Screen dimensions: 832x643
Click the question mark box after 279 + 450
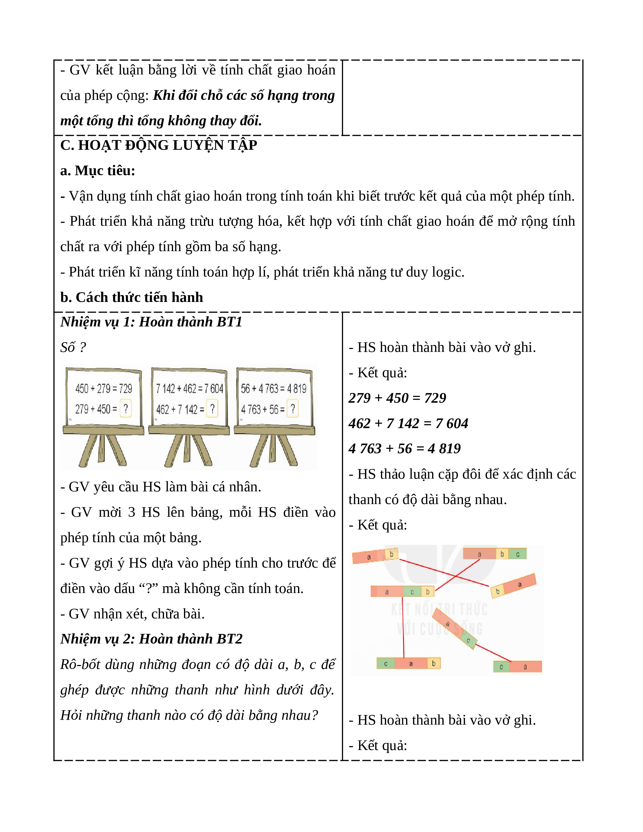[x=126, y=409]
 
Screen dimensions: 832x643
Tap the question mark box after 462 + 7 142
[x=212, y=409]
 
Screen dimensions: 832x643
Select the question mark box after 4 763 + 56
[x=293, y=409]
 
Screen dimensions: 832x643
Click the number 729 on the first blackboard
[x=125, y=388]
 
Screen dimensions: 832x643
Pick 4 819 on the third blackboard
[x=297, y=388]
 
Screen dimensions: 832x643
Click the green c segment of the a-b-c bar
[x=518, y=554]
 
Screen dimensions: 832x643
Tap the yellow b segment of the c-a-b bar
[x=434, y=663]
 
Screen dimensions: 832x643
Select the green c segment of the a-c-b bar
[x=412, y=591]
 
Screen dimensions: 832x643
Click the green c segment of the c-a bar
[x=501, y=667]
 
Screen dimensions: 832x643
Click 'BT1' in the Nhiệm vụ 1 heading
[x=229, y=322]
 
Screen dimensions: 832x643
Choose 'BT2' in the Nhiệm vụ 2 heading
[x=229, y=639]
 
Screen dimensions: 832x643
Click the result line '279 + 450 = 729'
[x=397, y=398]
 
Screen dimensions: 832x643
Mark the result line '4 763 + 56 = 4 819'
[x=405, y=449]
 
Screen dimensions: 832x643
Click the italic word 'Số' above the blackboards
[x=68, y=347]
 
